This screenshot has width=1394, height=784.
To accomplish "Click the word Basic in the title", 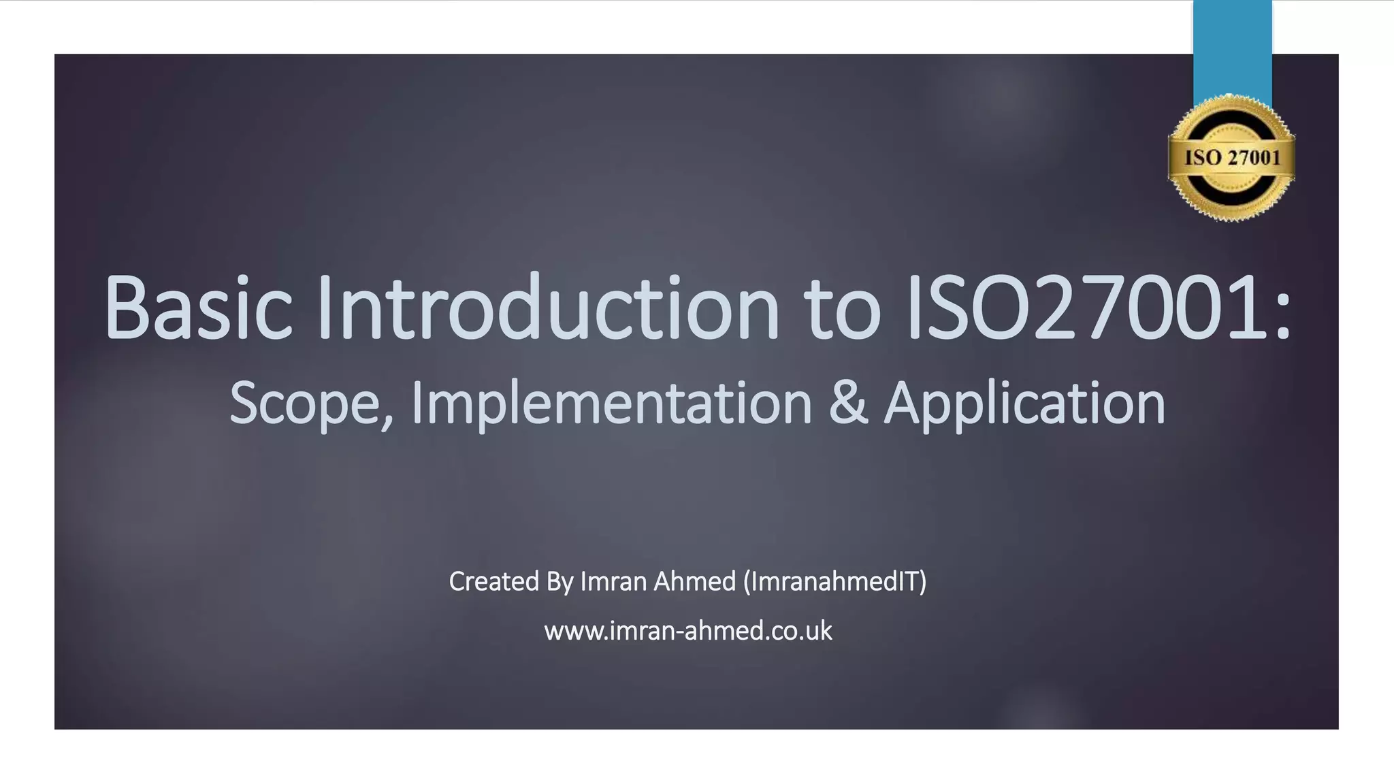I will pyautogui.click(x=198, y=307).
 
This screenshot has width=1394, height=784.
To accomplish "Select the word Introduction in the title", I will pyautogui.click(x=548, y=307).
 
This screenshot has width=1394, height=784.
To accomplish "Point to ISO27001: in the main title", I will pyautogui.click(x=1097, y=307).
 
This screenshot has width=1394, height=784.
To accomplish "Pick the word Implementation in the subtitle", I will pyautogui.click(x=611, y=404).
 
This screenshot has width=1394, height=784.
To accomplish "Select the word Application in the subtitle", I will pyautogui.click(x=1024, y=404).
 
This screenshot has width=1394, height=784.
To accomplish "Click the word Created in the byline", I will pyautogui.click(x=494, y=581).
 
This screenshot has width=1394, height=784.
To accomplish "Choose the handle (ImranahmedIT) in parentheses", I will pyautogui.click(x=835, y=582).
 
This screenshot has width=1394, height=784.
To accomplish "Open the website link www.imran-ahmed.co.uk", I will pyautogui.click(x=687, y=631).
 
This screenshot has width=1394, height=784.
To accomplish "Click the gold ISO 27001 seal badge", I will pyautogui.click(x=1231, y=158).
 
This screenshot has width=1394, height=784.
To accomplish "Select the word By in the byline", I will pyautogui.click(x=560, y=583).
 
